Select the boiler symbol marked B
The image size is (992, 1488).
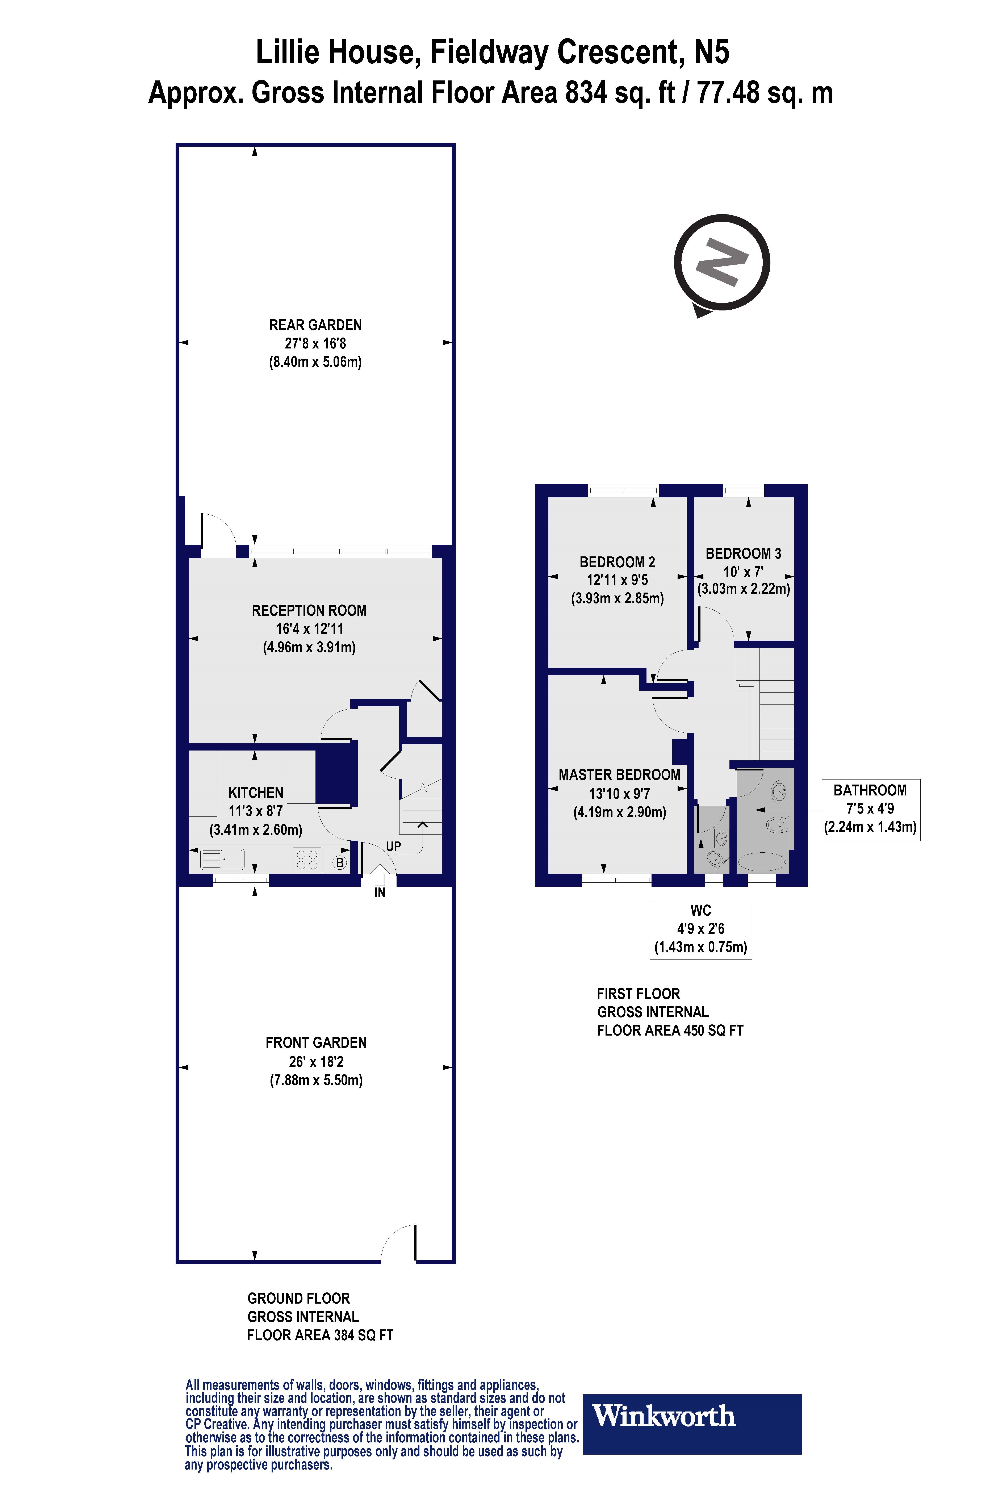tap(340, 862)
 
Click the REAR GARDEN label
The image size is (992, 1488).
tap(315, 325)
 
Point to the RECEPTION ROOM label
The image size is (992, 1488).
tap(309, 610)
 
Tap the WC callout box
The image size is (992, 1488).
tap(700, 929)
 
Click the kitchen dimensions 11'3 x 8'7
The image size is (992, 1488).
tap(256, 811)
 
